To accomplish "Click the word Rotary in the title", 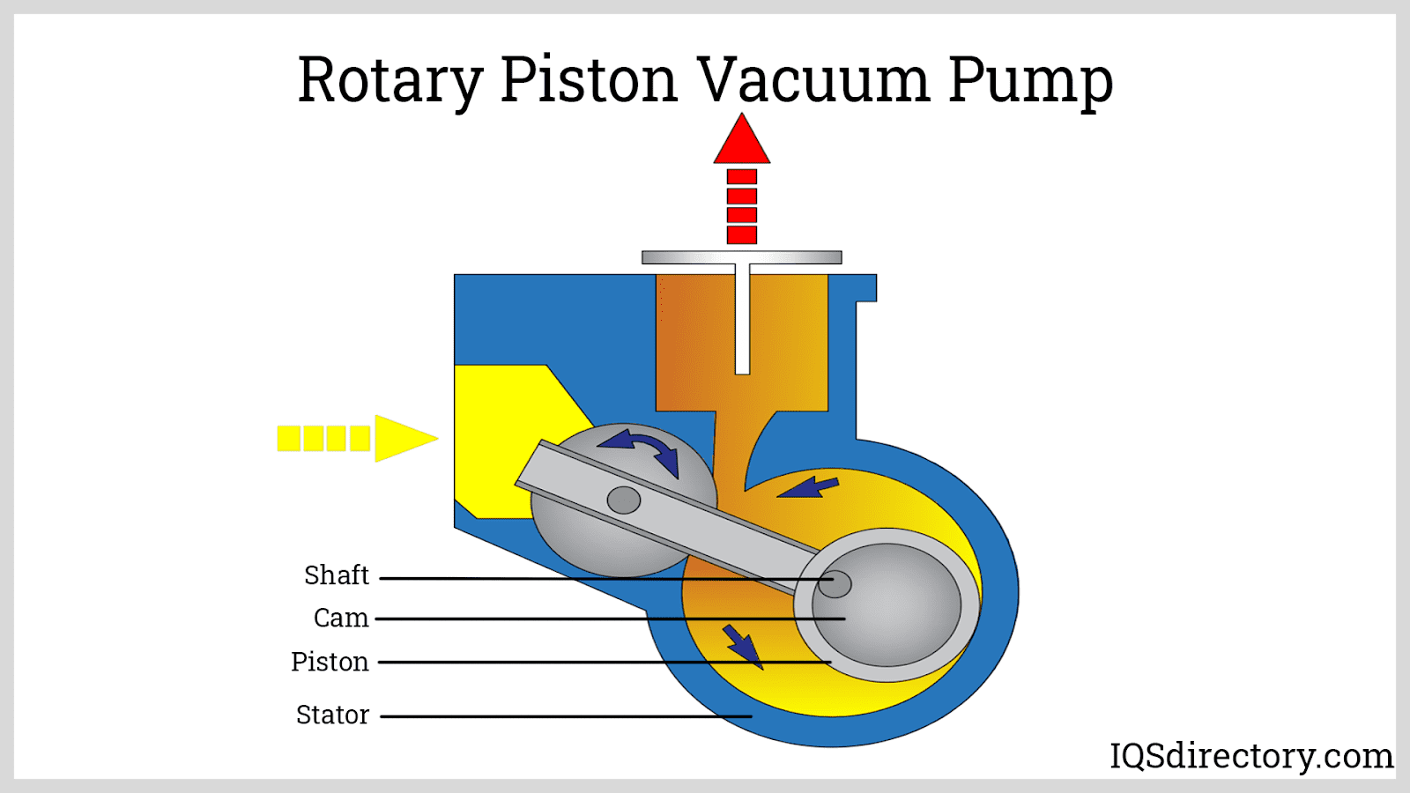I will (x=390, y=81).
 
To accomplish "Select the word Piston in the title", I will (x=589, y=81).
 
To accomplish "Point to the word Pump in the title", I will (x=1030, y=81).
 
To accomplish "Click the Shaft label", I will (x=336, y=575).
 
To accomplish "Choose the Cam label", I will (x=340, y=618).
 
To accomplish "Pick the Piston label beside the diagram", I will (x=330, y=662).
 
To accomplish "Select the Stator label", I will (x=332, y=715).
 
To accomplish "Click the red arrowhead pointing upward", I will (x=742, y=140).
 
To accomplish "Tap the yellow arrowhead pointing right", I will (x=404, y=438).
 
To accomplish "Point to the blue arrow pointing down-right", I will (x=742, y=647).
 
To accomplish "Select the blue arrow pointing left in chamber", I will (x=808, y=486).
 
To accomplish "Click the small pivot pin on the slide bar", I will (x=624, y=500).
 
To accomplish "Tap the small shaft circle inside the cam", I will (x=835, y=583).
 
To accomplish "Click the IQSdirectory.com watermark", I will (x=1250, y=756).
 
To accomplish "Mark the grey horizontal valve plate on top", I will (x=741, y=257).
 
